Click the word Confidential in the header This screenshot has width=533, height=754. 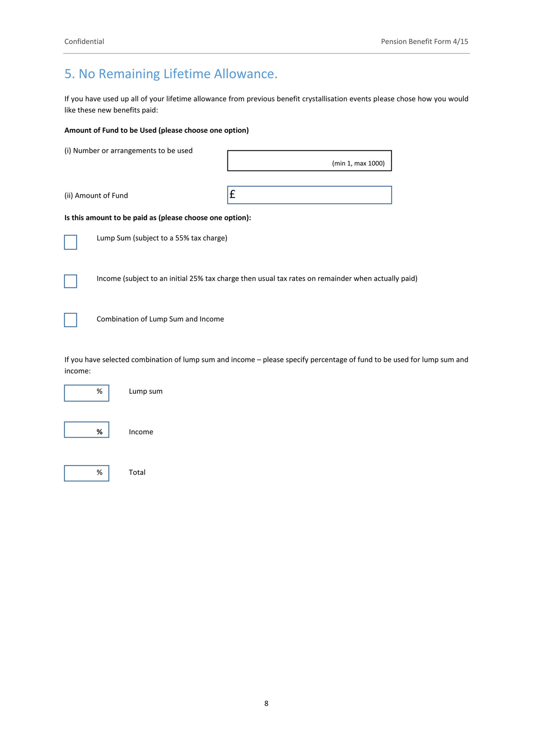pyautogui.click(x=84, y=42)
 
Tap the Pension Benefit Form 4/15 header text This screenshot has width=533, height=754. pyautogui.click(x=424, y=42)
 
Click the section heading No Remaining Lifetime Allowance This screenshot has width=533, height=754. pyautogui.click(x=171, y=74)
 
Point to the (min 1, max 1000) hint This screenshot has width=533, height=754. pyautogui.click(x=358, y=163)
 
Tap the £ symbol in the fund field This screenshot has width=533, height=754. pyautogui.click(x=233, y=194)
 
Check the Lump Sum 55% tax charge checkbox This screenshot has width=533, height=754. pyautogui.click(x=71, y=242)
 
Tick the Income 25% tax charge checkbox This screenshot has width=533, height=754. pyautogui.click(x=71, y=281)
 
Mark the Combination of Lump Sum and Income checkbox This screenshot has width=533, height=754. pyautogui.click(x=71, y=320)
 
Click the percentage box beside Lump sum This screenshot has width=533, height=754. pyautogui.click(x=86, y=393)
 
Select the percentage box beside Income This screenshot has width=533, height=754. pyautogui.click(x=86, y=430)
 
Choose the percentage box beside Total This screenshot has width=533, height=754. pyautogui.click(x=86, y=473)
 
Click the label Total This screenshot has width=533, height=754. pyautogui.click(x=137, y=473)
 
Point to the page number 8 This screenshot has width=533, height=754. pyautogui.click(x=266, y=703)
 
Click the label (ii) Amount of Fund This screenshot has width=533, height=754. pyautogui.click(x=96, y=195)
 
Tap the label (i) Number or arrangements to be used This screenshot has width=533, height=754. pyautogui.click(x=128, y=151)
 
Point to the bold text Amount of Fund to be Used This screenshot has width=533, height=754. pyautogui.click(x=111, y=130)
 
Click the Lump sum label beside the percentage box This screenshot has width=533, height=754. pyautogui.click(x=145, y=391)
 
